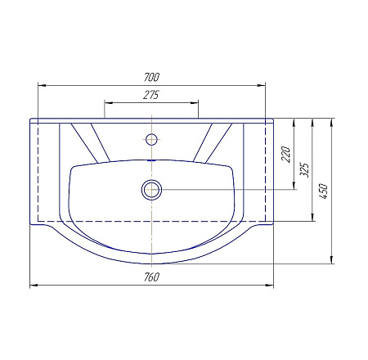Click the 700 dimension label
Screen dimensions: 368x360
[151, 77]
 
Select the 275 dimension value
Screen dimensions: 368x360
[151, 95]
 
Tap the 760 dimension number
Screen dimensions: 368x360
[151, 277]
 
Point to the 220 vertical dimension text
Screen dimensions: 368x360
[286, 155]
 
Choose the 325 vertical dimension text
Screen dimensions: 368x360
[305, 170]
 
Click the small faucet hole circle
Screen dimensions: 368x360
[151, 139]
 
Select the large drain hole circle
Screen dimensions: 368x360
[151, 190]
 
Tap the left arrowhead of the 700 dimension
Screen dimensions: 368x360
[42, 85]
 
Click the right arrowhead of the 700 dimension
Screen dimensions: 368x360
[262, 85]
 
